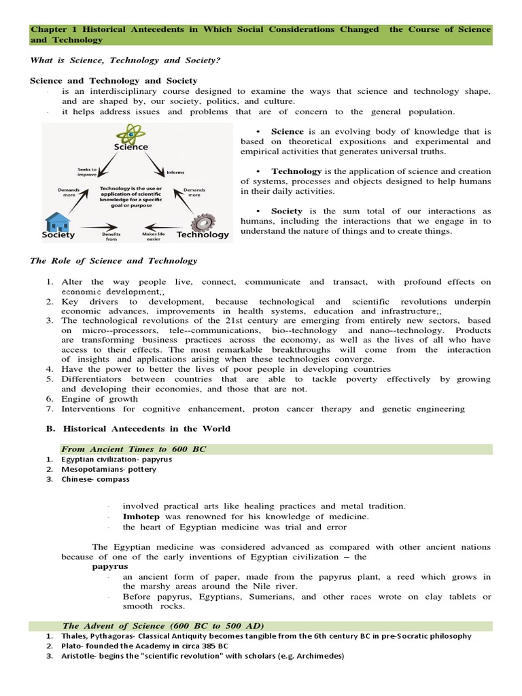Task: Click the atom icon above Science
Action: pyautogui.click(x=130, y=134)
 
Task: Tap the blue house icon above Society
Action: pyautogui.click(x=56, y=221)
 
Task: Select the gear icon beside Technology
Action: pyautogui.click(x=202, y=222)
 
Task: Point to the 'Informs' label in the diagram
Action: pyautogui.click(x=175, y=172)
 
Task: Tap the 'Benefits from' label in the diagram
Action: pyautogui.click(x=111, y=237)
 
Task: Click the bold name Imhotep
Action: pyautogui.click(x=141, y=517)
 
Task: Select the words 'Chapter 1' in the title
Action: pyautogui.click(x=51, y=29)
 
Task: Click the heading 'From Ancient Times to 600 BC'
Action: pyautogui.click(x=133, y=449)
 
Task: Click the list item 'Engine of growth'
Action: pyautogui.click(x=99, y=399)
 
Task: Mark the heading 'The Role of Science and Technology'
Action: pyautogui.click(x=114, y=260)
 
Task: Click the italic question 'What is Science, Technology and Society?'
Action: pyautogui.click(x=126, y=60)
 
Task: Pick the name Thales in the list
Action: pyautogui.click(x=74, y=636)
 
